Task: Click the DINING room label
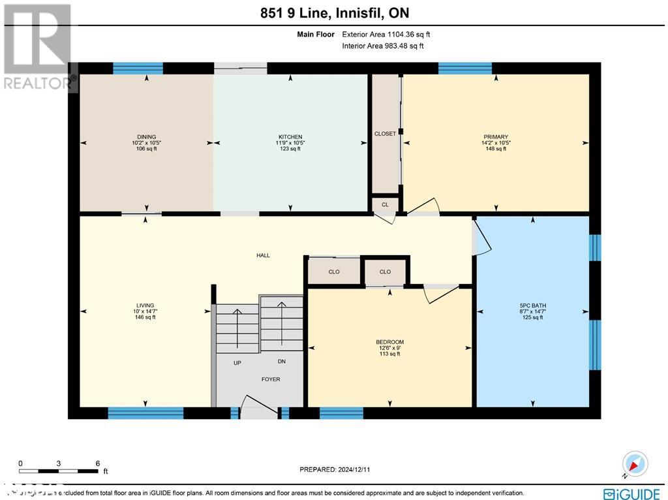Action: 146,137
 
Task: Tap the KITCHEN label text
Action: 290,137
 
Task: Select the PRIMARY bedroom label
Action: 496,137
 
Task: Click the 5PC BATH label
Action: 533,305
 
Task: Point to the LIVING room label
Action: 145,305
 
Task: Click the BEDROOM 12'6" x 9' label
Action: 389,342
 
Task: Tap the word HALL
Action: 263,255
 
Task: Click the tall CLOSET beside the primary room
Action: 385,134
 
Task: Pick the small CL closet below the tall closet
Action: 385,204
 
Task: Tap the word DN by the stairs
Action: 281,362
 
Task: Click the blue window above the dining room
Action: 138,68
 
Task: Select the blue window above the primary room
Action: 464,68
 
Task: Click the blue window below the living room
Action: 145,413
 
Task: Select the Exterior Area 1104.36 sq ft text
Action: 386,35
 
